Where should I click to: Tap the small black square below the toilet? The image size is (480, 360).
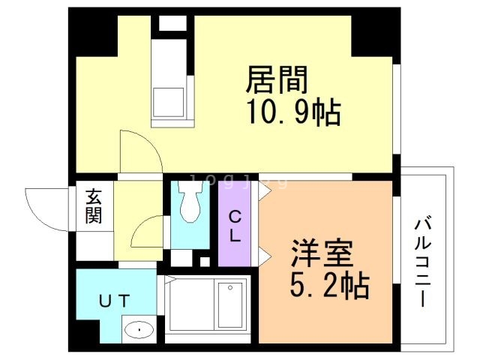(x=204, y=261)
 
